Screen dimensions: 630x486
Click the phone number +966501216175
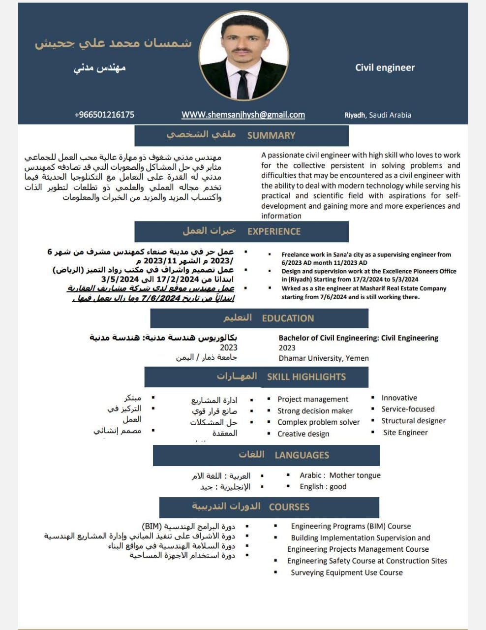coord(104,115)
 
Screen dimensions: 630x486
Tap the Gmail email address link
coord(243,115)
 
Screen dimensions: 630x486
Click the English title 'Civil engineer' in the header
coord(385,68)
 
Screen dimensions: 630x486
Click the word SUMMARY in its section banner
coord(271,135)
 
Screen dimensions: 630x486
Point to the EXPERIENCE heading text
coord(273,231)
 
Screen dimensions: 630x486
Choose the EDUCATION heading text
coord(288,318)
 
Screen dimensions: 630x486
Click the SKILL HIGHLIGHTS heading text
coord(306,377)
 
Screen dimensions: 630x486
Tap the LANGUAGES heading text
coord(302,455)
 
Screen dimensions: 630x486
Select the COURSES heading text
coord(289,507)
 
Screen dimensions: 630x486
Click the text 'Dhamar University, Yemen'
coord(324,358)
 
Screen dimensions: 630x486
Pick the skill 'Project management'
coord(313,399)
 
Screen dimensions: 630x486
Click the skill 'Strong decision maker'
coord(315,411)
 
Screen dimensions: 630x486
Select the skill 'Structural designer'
coord(413,421)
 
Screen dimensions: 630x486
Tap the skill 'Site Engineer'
coord(405,433)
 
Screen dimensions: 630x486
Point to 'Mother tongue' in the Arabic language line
coord(355,475)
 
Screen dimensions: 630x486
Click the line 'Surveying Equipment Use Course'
coord(346,573)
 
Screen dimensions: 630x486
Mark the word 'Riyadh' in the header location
coord(355,115)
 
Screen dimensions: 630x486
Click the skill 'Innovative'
coord(399,398)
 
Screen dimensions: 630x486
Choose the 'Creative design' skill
coord(303,434)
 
